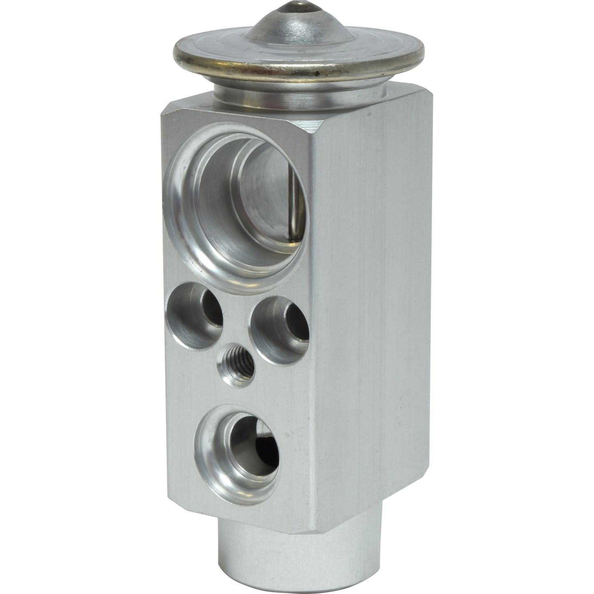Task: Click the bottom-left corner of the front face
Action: coord(169,491)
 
